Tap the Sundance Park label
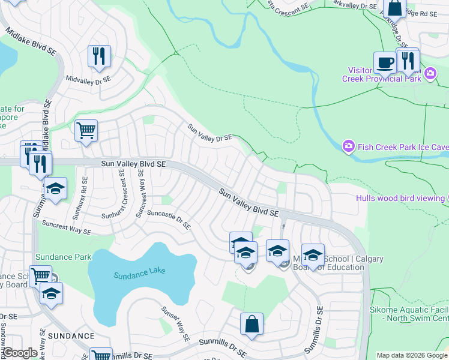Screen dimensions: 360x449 point(63,257)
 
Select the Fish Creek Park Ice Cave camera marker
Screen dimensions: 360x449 point(348,146)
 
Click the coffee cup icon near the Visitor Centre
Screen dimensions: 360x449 point(385,62)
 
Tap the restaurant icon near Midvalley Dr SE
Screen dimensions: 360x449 point(98,56)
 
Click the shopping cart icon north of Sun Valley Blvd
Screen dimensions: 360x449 point(86,130)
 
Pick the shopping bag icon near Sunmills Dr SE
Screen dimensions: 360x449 point(252,324)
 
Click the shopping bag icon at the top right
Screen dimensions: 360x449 point(395,8)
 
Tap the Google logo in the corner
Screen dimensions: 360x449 point(20,353)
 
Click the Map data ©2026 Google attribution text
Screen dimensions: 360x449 point(412,355)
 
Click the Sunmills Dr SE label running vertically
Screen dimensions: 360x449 point(314,329)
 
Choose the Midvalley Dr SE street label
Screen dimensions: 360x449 point(89,79)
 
